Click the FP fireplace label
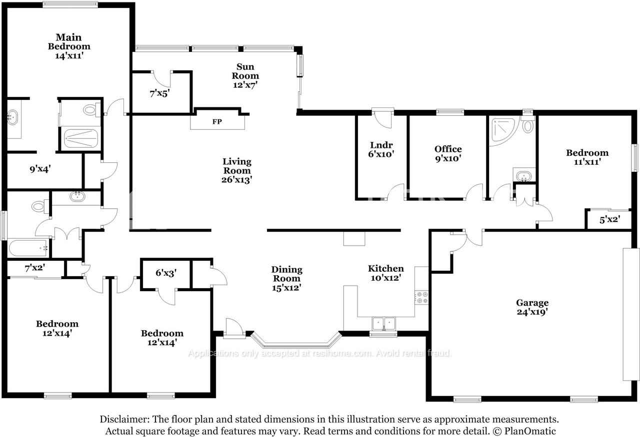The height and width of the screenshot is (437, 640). (x=217, y=121)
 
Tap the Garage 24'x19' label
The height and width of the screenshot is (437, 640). (x=532, y=307)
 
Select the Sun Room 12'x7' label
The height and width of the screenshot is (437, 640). (x=245, y=76)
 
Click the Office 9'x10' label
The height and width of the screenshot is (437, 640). (x=447, y=153)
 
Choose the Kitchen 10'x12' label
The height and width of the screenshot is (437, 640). (x=385, y=273)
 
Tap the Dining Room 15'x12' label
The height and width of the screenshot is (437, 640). (x=287, y=279)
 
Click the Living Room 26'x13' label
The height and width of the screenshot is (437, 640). (x=237, y=170)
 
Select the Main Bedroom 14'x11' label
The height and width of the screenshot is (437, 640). (x=69, y=46)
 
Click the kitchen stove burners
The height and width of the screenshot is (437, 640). (x=422, y=298)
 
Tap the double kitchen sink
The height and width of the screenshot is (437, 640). (x=383, y=324)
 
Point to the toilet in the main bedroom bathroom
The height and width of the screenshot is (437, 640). (x=90, y=109)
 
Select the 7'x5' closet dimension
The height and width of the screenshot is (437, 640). (x=160, y=93)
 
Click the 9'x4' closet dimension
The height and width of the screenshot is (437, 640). (x=40, y=169)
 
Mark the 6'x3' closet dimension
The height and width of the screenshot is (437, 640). (x=165, y=273)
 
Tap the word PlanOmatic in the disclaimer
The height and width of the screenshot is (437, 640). (x=530, y=431)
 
